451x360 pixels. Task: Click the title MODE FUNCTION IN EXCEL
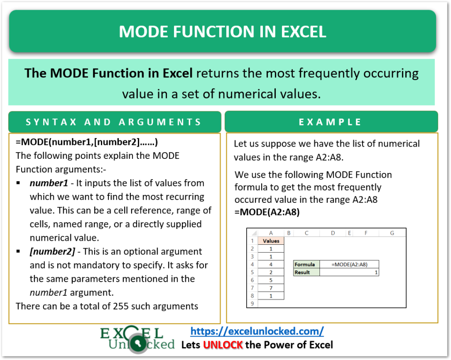(222, 32)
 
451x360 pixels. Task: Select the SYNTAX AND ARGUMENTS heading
(114, 122)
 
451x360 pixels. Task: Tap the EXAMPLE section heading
(330, 122)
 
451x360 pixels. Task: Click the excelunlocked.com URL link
(257, 331)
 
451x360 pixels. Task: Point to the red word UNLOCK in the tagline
(223, 345)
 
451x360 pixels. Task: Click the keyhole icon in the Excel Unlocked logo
(140, 344)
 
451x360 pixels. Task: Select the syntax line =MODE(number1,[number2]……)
(87, 143)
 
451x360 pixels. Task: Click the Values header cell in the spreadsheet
(271, 241)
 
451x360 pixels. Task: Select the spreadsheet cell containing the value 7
(271, 288)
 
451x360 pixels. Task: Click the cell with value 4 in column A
(271, 264)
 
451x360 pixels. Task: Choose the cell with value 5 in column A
(271, 280)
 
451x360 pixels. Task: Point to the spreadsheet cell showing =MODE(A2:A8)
(349, 264)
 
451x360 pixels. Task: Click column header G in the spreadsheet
(392, 233)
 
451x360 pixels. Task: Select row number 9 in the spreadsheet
(252, 303)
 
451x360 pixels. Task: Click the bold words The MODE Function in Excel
(109, 73)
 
